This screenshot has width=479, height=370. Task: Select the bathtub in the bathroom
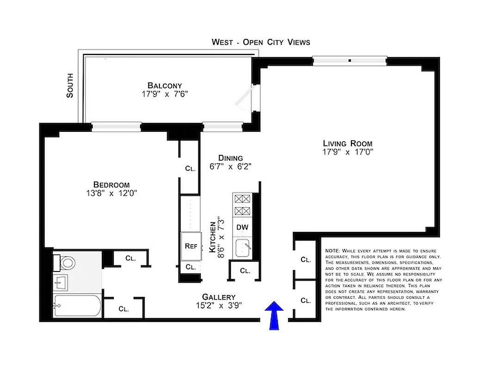point(77,306)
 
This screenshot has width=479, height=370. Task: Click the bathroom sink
point(61,281)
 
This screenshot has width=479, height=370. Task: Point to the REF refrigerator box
point(191,246)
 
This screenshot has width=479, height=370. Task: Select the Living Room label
point(347,143)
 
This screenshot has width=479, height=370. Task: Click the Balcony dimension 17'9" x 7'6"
point(165,94)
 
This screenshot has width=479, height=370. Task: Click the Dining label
point(231,158)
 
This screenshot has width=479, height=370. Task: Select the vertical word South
point(70,86)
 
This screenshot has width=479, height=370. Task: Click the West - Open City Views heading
point(261,42)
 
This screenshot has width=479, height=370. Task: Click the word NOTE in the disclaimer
point(332,250)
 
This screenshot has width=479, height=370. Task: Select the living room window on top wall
point(350,59)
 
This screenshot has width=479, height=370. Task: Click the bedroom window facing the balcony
point(116,126)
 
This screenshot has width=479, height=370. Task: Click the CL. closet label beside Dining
point(190,169)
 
